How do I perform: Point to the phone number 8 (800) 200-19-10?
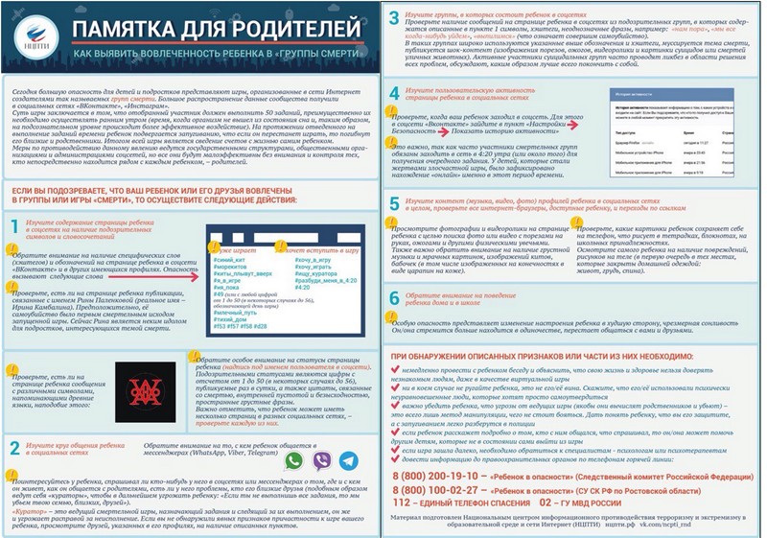coord(452,475)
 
